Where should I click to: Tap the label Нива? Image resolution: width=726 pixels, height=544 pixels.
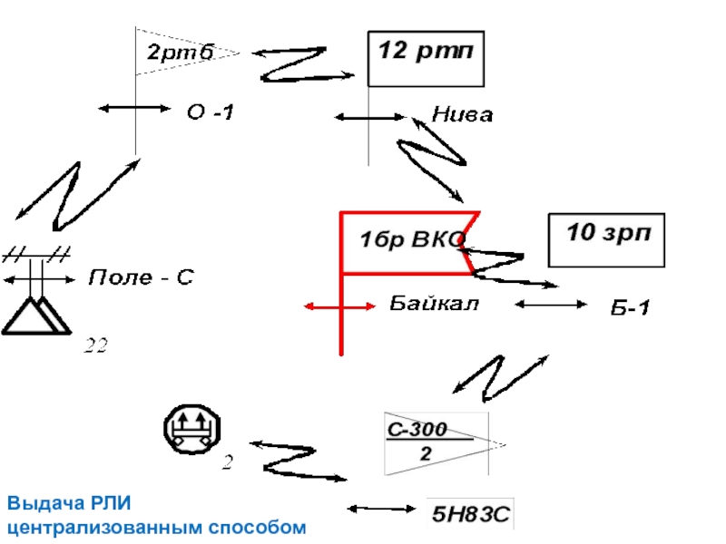pyautogui.click(x=462, y=115)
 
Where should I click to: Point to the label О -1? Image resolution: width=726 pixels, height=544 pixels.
pyautogui.click(x=210, y=112)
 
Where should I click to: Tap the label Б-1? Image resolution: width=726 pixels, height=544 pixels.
pyautogui.click(x=628, y=308)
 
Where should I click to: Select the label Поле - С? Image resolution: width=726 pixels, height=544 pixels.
pyautogui.click(x=141, y=277)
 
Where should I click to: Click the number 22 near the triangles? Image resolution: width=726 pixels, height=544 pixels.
pyautogui.click(x=96, y=345)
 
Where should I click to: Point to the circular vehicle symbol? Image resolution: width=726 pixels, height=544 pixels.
pyautogui.click(x=191, y=427)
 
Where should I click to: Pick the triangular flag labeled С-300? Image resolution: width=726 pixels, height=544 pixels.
pyautogui.click(x=436, y=442)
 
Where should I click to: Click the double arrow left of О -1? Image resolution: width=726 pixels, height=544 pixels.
pyautogui.click(x=134, y=108)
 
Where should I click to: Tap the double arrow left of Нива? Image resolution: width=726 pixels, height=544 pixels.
pyautogui.click(x=370, y=117)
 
